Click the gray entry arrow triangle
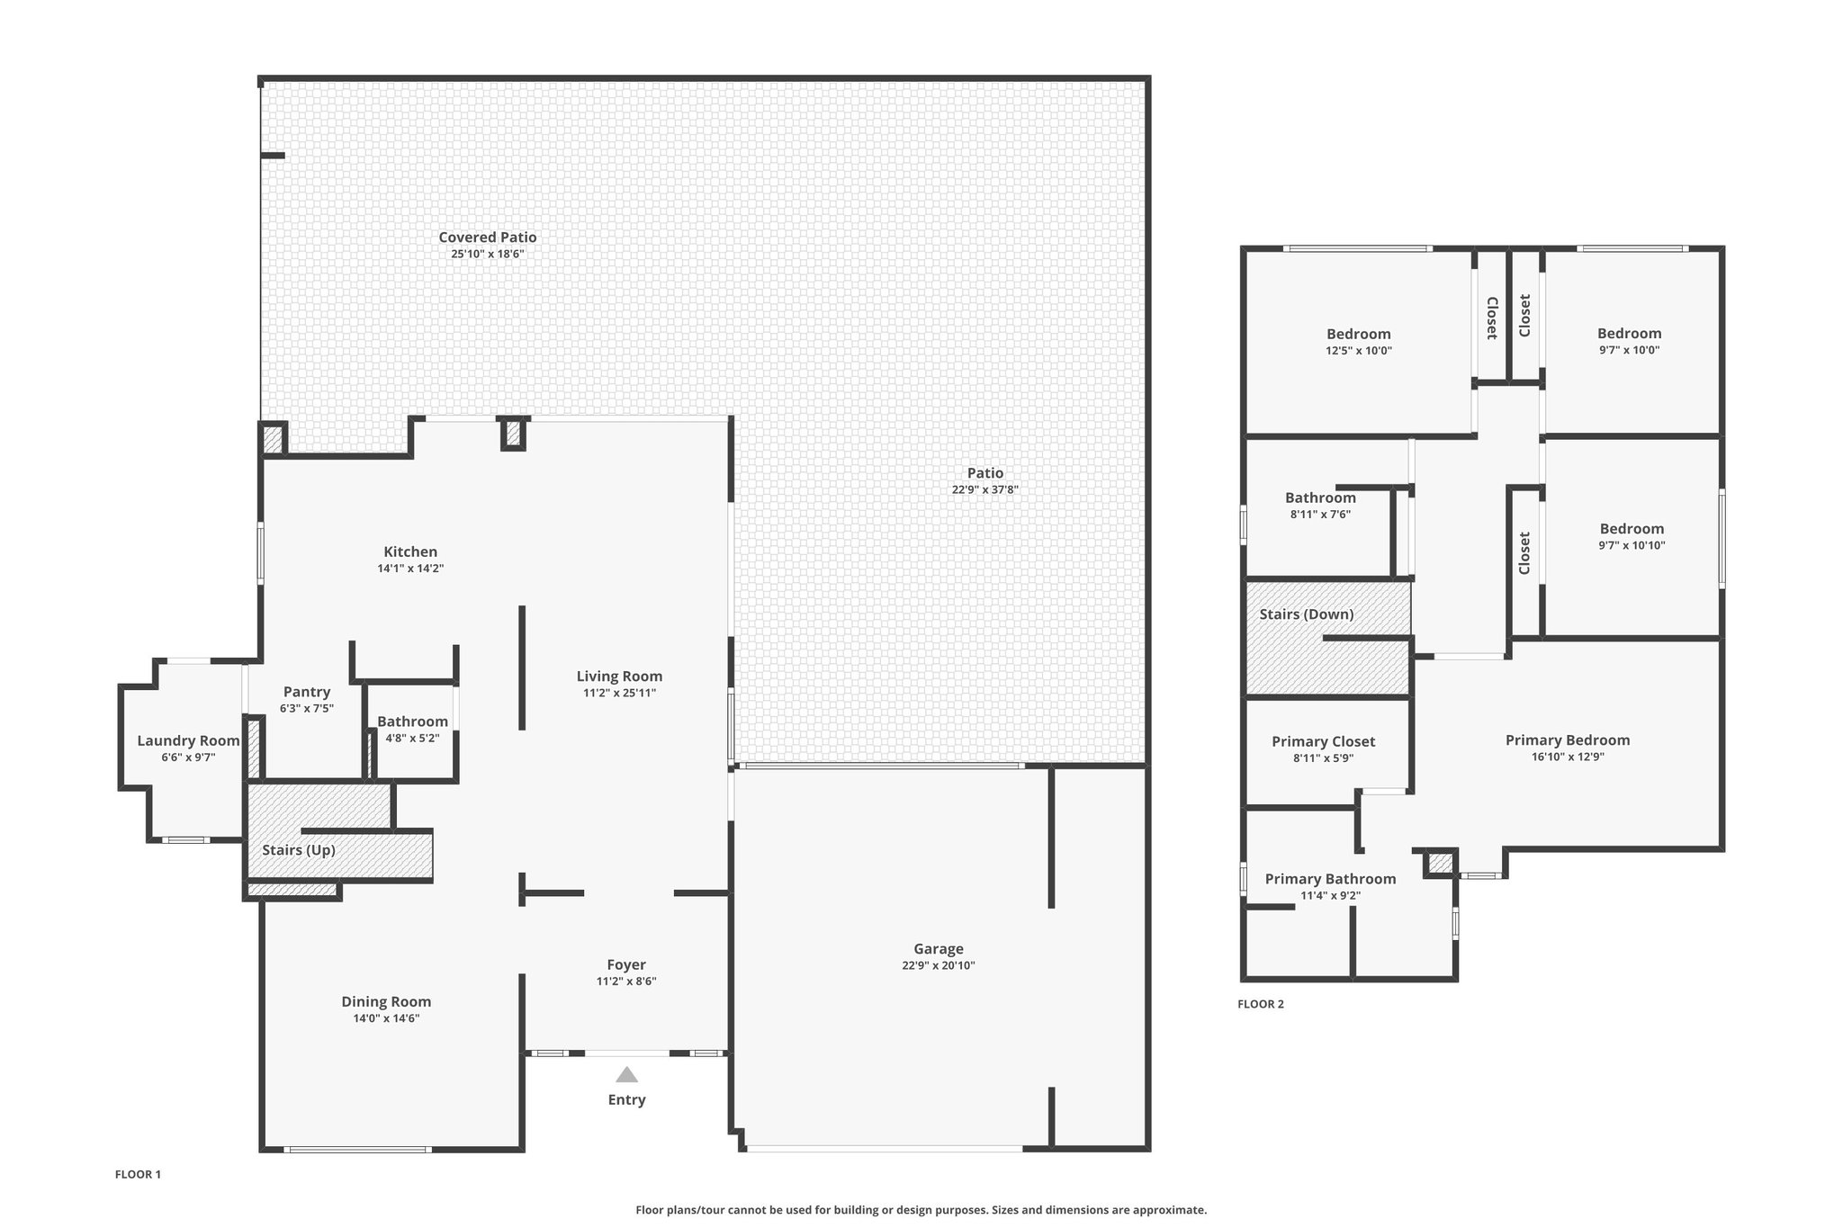(x=626, y=1074)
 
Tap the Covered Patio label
(x=488, y=238)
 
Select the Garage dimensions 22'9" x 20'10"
(x=939, y=965)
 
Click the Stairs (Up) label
(x=299, y=850)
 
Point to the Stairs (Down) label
(x=1307, y=614)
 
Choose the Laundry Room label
(x=188, y=741)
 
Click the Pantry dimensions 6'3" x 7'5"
(x=307, y=708)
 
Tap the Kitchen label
(x=410, y=552)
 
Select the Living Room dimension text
(x=619, y=693)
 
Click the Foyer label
(x=626, y=965)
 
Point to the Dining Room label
(x=386, y=1001)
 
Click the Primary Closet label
(x=1324, y=741)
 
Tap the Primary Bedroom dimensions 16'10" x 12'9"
(x=1568, y=757)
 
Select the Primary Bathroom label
(x=1331, y=879)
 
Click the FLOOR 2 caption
(x=1261, y=1004)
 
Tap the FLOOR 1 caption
(x=138, y=1174)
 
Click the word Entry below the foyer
(x=626, y=1100)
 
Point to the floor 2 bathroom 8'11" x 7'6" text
(x=1320, y=515)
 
